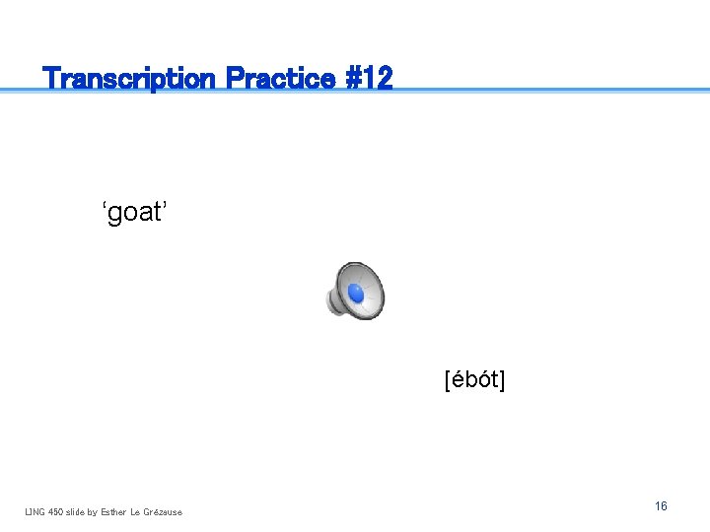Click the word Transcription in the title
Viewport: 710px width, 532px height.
tap(129, 78)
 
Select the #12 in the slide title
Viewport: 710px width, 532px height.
tap(370, 78)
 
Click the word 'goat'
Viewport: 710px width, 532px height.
tap(136, 212)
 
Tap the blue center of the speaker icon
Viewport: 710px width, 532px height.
tap(356, 294)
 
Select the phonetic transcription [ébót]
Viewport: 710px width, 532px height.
tap(474, 379)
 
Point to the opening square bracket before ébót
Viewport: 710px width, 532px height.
tap(448, 380)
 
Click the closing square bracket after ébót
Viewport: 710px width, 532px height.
tap(502, 380)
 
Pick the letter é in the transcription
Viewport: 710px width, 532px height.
tap(458, 379)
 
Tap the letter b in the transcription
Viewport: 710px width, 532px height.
tap(470, 379)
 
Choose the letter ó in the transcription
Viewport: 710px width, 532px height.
tap(483, 379)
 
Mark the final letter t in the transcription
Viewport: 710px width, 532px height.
tap(494, 380)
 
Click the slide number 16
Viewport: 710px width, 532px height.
tap(661, 505)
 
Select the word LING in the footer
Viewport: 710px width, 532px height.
tap(35, 511)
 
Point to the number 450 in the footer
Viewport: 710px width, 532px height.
tap(56, 511)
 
